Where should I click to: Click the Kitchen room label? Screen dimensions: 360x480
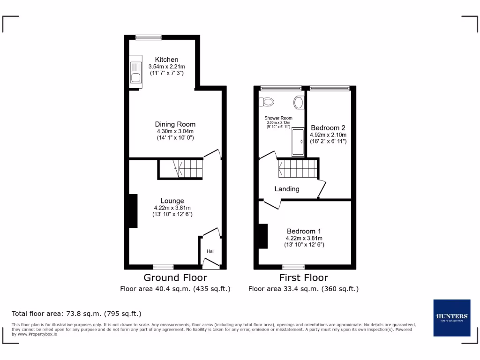click(x=167, y=60)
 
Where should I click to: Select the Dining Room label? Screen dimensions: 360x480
click(x=175, y=124)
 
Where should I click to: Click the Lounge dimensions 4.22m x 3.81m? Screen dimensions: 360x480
click(x=172, y=208)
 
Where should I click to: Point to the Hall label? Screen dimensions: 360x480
click(x=210, y=252)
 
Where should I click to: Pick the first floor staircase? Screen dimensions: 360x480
click(x=298, y=168)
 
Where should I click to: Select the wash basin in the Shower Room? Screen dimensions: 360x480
click(x=298, y=102)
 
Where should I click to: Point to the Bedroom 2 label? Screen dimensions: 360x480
click(x=328, y=127)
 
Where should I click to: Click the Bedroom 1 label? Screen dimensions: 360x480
click(x=304, y=231)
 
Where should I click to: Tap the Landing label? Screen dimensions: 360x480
click(x=287, y=189)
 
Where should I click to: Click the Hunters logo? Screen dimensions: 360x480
click(x=451, y=317)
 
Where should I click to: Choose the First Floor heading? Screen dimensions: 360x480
click(x=303, y=277)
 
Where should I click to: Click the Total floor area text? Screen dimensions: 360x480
click(x=76, y=314)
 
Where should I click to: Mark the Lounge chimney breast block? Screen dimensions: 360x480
click(x=133, y=211)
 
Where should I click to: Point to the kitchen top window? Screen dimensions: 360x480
click(x=149, y=37)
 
